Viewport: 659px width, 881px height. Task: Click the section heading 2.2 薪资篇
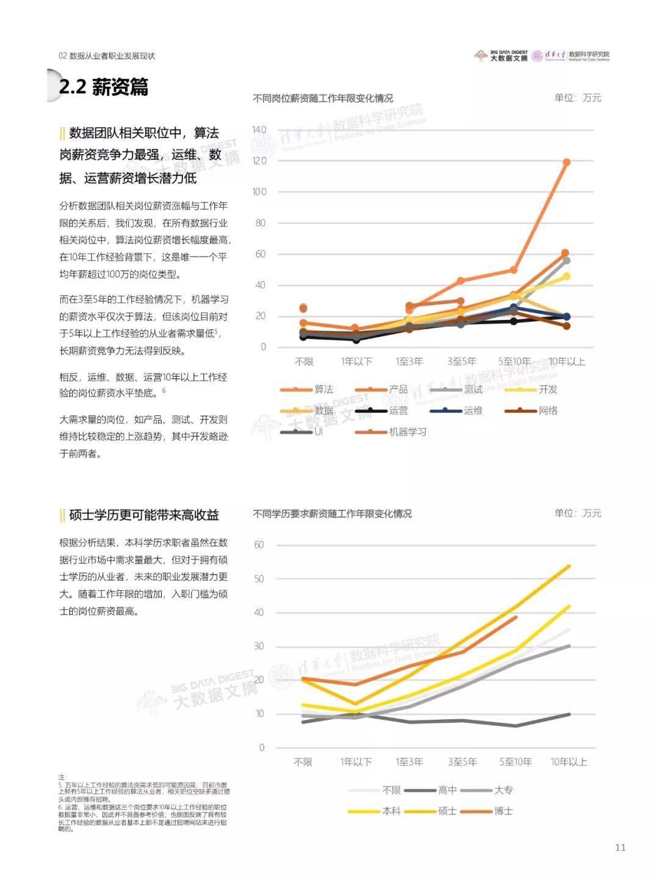tap(103, 87)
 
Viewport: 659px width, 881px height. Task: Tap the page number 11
tap(620, 847)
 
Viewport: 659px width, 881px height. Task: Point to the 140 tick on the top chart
tap(259, 129)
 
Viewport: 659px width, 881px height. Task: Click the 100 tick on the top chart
tap(259, 192)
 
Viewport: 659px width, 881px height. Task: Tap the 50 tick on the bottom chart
tap(259, 579)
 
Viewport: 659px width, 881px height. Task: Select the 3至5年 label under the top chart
tap(461, 361)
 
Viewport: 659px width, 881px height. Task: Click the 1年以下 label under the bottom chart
tap(356, 762)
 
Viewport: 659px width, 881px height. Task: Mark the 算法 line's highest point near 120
tap(566, 162)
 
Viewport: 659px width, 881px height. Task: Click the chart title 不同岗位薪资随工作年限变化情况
tap(323, 98)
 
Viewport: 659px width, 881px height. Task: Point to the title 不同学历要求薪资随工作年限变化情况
tap(332, 514)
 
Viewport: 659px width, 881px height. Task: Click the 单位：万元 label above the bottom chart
tap(577, 513)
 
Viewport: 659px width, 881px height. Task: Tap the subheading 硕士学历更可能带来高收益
tap(144, 515)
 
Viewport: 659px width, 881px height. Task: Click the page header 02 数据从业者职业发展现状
tap(107, 56)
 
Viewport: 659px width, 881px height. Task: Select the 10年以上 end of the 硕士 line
tap(569, 567)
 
